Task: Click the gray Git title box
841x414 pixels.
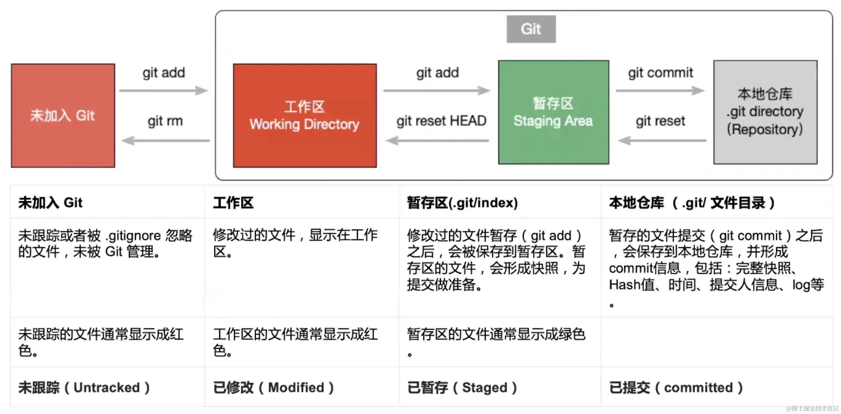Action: (x=531, y=29)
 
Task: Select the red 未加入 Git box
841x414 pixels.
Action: (x=63, y=116)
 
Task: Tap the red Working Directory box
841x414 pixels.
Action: (x=305, y=116)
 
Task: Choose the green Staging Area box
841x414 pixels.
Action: (x=553, y=112)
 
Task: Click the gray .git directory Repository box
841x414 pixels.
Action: (x=765, y=112)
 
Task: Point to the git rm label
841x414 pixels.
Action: (x=165, y=121)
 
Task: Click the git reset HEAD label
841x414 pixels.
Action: (x=441, y=121)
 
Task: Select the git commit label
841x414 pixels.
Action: (x=660, y=73)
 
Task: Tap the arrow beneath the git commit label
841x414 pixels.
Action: (x=660, y=91)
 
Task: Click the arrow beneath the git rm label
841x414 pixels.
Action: (x=166, y=141)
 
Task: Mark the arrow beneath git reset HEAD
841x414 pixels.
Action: (x=437, y=141)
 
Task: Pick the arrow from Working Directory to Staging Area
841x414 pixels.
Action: (x=437, y=91)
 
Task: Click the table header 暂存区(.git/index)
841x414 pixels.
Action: (x=462, y=203)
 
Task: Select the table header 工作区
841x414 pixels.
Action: (x=233, y=203)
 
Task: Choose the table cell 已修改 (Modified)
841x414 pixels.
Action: (x=273, y=388)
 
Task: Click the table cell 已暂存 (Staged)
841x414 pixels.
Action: (x=462, y=388)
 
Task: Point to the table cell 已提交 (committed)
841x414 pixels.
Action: (x=676, y=388)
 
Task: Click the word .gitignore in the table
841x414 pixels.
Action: (x=133, y=236)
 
